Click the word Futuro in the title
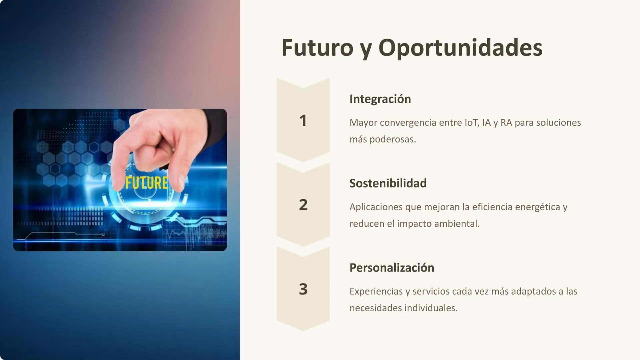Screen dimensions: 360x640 coord(317,48)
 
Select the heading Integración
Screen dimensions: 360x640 coord(380,99)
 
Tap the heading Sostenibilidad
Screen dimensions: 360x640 coord(388,183)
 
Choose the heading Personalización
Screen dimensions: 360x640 coord(392,268)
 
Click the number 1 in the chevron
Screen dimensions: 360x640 coord(303,121)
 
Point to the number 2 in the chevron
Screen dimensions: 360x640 coord(303,205)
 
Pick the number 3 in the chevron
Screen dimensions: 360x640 coord(303,289)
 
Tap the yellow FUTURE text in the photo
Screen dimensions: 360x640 coord(146,183)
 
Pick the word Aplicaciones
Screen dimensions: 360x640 coord(376,207)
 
